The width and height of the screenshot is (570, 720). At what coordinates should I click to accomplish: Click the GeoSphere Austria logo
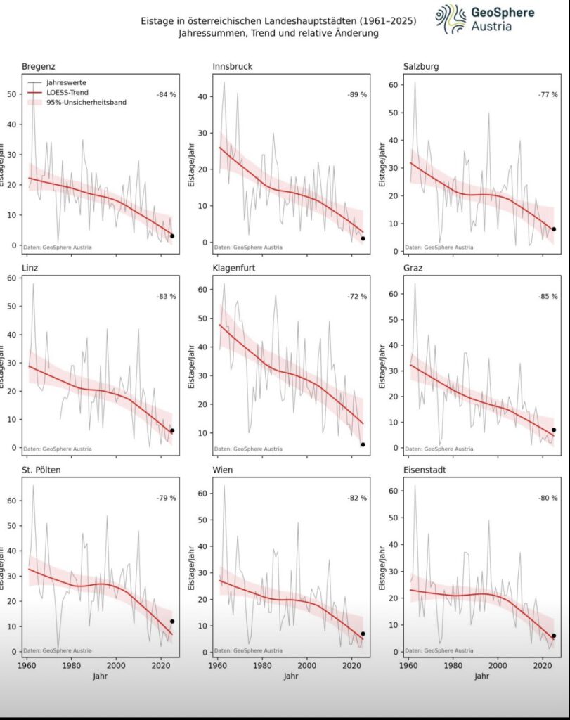485,19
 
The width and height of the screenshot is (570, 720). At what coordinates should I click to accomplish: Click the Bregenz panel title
39,67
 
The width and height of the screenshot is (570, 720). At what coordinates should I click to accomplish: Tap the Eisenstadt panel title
430,470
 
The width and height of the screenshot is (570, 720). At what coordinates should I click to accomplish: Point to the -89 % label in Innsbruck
357,94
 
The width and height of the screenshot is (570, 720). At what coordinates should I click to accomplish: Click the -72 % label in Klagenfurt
357,296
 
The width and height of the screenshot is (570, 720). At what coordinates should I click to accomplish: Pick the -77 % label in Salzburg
548,94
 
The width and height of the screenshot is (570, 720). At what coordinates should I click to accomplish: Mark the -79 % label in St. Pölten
166,498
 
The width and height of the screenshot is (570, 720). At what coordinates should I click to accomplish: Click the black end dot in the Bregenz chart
172,236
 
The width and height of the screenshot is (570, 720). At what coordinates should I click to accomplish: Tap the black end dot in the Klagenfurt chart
363,444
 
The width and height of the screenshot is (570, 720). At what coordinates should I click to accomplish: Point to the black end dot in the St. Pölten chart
172,622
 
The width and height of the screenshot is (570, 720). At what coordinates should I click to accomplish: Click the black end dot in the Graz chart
554,430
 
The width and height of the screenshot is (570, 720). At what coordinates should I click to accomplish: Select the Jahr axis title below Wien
291,676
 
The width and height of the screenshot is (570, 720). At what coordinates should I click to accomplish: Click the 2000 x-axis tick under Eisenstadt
498,664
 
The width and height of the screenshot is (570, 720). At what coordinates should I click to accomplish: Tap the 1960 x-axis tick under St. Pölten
27,664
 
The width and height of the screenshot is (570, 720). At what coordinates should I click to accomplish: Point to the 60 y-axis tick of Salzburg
394,85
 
